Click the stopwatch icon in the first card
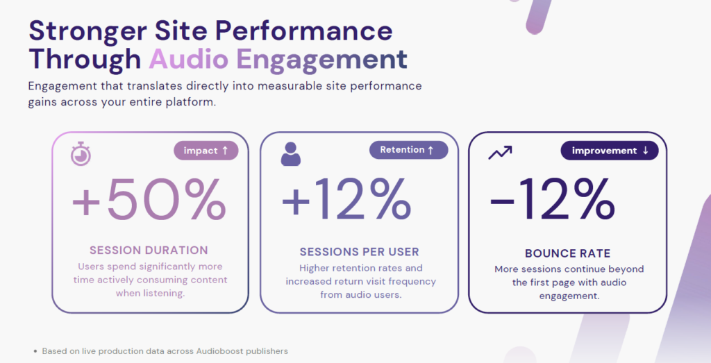pos(81,154)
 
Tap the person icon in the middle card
pos(291,154)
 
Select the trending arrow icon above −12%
pos(500,152)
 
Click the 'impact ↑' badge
pos(206,151)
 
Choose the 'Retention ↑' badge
pos(408,150)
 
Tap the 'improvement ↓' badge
pos(609,151)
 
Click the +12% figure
pos(346,199)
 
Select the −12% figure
pos(552,201)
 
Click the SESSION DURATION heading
pos(149,250)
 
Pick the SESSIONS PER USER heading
pos(359,251)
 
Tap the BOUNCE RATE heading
pos(567,253)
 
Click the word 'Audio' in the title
pos(189,60)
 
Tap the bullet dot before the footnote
pos(35,351)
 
